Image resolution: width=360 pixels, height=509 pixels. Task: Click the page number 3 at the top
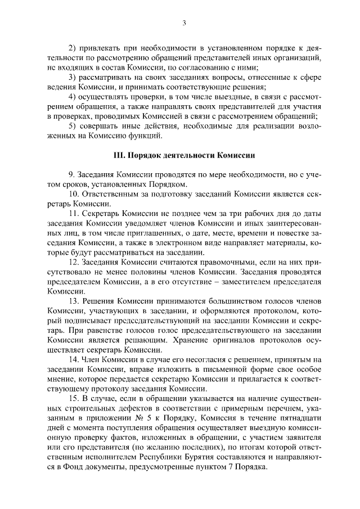click(x=183, y=23)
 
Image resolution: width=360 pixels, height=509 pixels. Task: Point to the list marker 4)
click(x=72, y=97)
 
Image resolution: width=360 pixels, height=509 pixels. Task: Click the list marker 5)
click(x=72, y=125)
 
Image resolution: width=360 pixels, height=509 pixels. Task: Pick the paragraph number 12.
click(x=73, y=263)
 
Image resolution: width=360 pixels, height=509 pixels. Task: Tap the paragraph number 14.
click(x=73, y=360)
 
